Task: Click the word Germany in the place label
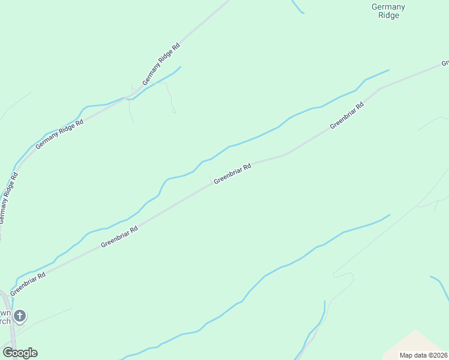388,7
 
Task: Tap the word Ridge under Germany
389,16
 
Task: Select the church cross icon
20,316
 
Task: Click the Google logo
20,353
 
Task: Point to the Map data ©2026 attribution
423,355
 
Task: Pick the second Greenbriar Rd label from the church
119,236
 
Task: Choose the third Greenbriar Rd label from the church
232,174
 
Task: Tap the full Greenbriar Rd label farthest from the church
347,115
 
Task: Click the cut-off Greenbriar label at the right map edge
445,62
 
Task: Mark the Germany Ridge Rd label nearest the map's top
161,64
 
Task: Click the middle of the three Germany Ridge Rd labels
59,133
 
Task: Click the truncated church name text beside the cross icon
5,317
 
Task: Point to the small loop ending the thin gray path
173,110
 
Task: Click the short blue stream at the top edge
297,7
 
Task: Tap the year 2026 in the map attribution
439,355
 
